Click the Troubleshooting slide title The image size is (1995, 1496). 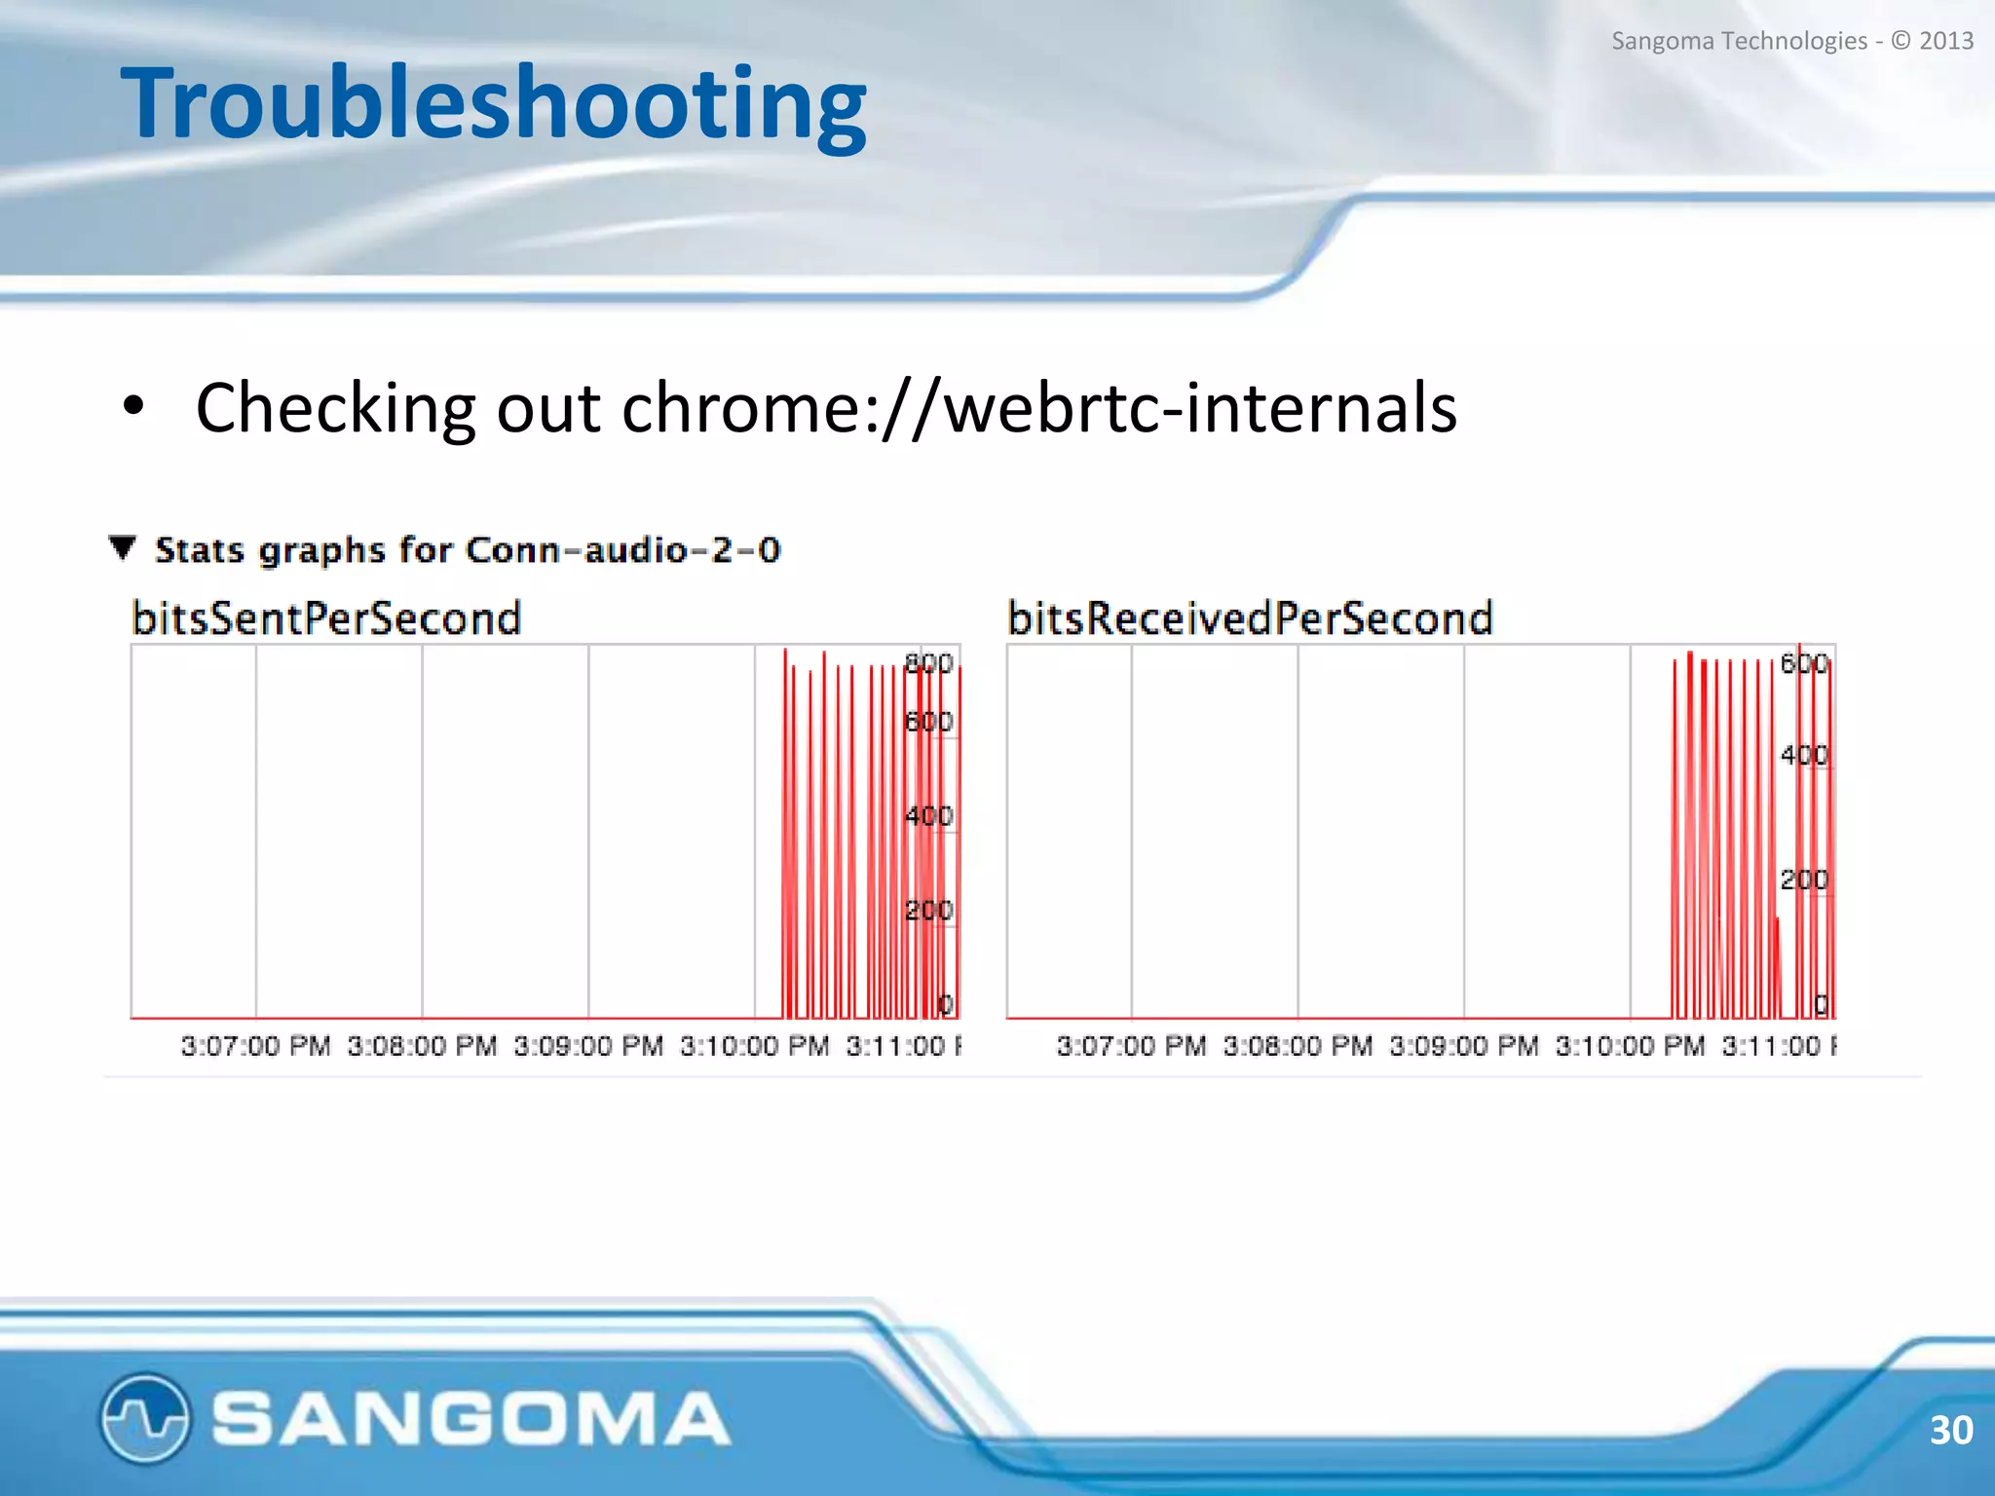(493, 103)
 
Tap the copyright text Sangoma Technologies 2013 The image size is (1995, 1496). (1791, 41)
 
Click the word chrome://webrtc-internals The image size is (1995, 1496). (1038, 407)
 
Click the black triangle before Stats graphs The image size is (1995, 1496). (123, 547)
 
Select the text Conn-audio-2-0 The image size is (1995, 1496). (623, 550)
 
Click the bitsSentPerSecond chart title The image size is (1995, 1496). (326, 618)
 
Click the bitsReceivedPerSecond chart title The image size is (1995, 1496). (1250, 618)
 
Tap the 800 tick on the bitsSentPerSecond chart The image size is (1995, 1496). (927, 663)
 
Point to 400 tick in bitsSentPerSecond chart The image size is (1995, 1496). (927, 815)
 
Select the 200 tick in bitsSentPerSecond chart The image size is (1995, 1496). (927, 911)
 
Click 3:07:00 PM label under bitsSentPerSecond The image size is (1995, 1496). (255, 1046)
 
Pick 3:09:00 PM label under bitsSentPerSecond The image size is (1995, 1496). (588, 1046)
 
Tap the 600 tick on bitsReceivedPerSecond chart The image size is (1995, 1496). (1803, 663)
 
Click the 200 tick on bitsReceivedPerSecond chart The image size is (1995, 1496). (1803, 879)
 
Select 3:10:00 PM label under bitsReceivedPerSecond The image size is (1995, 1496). (1630, 1046)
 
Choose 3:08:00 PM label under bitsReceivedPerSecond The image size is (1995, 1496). (1298, 1046)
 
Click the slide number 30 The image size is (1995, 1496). (1950, 1430)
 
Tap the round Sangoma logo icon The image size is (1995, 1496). (144, 1417)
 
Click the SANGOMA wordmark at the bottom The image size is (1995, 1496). (471, 1418)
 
